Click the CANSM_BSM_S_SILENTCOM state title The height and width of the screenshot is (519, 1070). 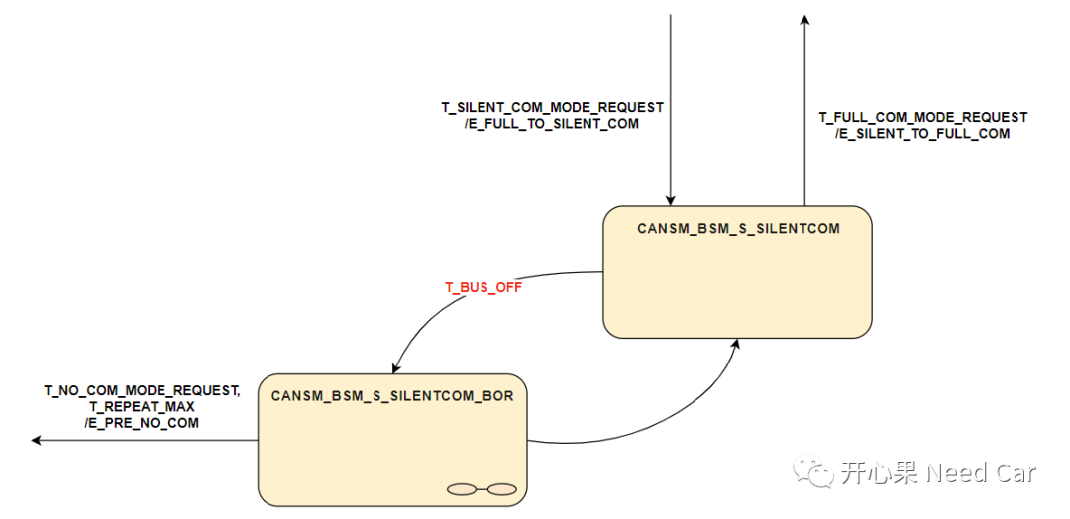[738, 228]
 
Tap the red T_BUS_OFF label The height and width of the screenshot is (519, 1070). [482, 288]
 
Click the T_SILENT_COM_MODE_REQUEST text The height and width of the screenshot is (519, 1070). [552, 107]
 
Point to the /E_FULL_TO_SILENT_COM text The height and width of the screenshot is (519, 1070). [552, 124]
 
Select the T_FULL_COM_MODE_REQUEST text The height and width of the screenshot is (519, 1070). [922, 117]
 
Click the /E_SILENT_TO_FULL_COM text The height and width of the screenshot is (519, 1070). [922, 134]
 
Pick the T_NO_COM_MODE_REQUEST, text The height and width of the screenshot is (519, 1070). [142, 390]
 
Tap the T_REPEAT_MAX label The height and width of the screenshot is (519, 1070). [142, 406]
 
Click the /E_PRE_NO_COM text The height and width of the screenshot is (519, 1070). [142, 423]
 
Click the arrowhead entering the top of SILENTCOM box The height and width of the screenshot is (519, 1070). [671, 199]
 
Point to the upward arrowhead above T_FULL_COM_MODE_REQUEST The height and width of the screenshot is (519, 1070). [804, 21]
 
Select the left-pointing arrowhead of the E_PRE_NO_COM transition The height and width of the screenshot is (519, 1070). [37, 441]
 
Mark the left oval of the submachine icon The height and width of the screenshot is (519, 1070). [463, 488]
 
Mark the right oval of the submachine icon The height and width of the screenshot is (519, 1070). [502, 488]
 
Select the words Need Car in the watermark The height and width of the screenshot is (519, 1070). [981, 473]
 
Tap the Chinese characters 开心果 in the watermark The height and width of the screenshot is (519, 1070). [880, 473]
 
